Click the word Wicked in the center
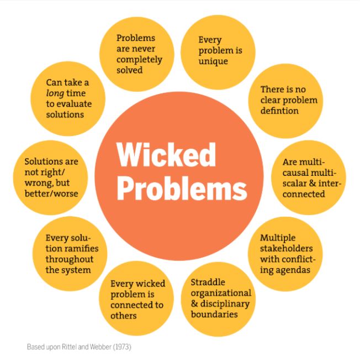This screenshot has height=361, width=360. pyautogui.click(x=166, y=155)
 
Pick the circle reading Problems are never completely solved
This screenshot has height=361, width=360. pyautogui.click(x=136, y=54)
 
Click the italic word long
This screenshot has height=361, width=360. pyautogui.click(x=57, y=93)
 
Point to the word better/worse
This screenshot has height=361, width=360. pyautogui.click(x=51, y=193)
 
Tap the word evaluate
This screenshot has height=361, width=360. pyautogui.click(x=73, y=104)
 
